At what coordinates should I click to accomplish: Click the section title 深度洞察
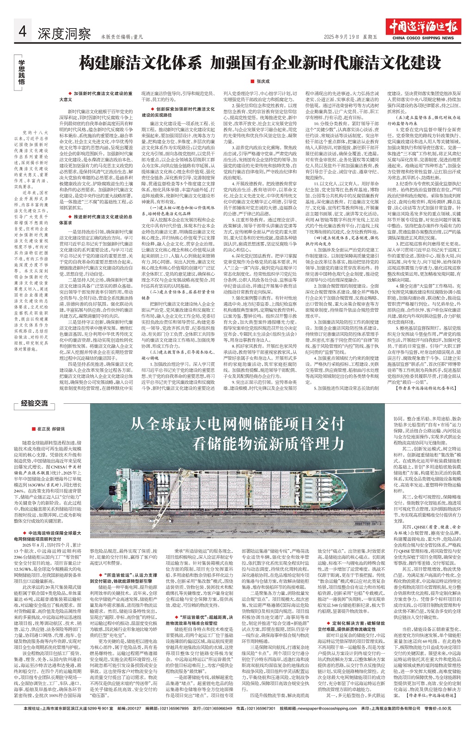pyautogui.click(x=64, y=34)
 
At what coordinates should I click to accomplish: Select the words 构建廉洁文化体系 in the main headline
pyautogui.click(x=140, y=63)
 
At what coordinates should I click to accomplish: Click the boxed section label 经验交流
pyautogui.click(x=35, y=403)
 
